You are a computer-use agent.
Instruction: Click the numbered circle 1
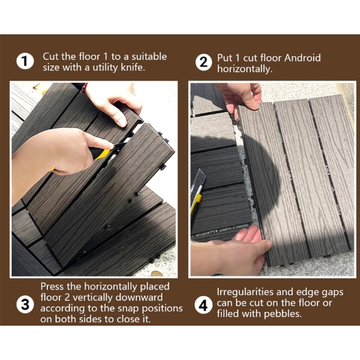(25, 62)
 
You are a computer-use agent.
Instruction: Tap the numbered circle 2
(203, 62)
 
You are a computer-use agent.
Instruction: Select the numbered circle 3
(25, 305)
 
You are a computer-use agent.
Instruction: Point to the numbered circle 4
(203, 306)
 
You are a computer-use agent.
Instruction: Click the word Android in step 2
(303, 58)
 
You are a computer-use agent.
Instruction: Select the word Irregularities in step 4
(245, 292)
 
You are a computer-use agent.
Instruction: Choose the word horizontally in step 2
(245, 69)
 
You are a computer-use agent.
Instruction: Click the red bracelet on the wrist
(84, 88)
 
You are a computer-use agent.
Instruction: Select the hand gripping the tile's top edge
(241, 97)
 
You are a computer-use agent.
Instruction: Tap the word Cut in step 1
(51, 57)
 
